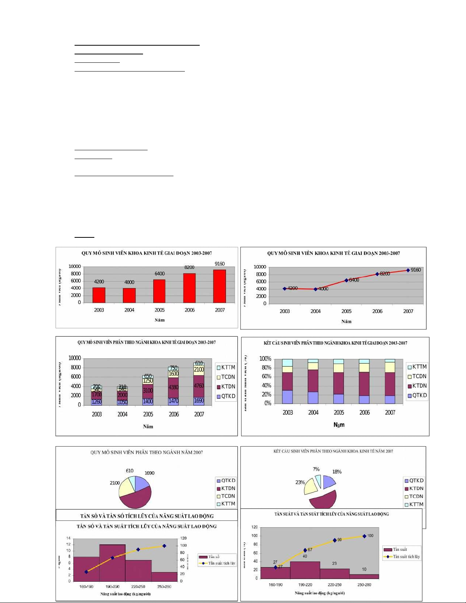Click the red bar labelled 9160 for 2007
[x=219, y=286]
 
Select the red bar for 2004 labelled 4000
[x=129, y=295]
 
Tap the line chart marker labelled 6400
[x=346, y=280]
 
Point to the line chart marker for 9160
[x=408, y=270]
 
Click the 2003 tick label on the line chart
[x=285, y=311]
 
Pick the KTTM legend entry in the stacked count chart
[x=226, y=368]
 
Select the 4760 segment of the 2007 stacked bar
[x=199, y=386]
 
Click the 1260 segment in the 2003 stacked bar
[x=97, y=401]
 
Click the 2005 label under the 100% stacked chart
[x=339, y=412]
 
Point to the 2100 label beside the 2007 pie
[x=115, y=483]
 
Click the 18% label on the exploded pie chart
[x=337, y=472]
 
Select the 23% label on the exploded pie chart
[x=300, y=482]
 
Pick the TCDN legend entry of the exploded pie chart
[x=414, y=496]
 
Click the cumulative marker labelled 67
[x=305, y=550]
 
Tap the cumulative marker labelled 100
[x=364, y=536]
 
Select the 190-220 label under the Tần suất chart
[x=305, y=585]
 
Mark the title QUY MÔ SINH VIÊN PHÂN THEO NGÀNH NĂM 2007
[x=146, y=452]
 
